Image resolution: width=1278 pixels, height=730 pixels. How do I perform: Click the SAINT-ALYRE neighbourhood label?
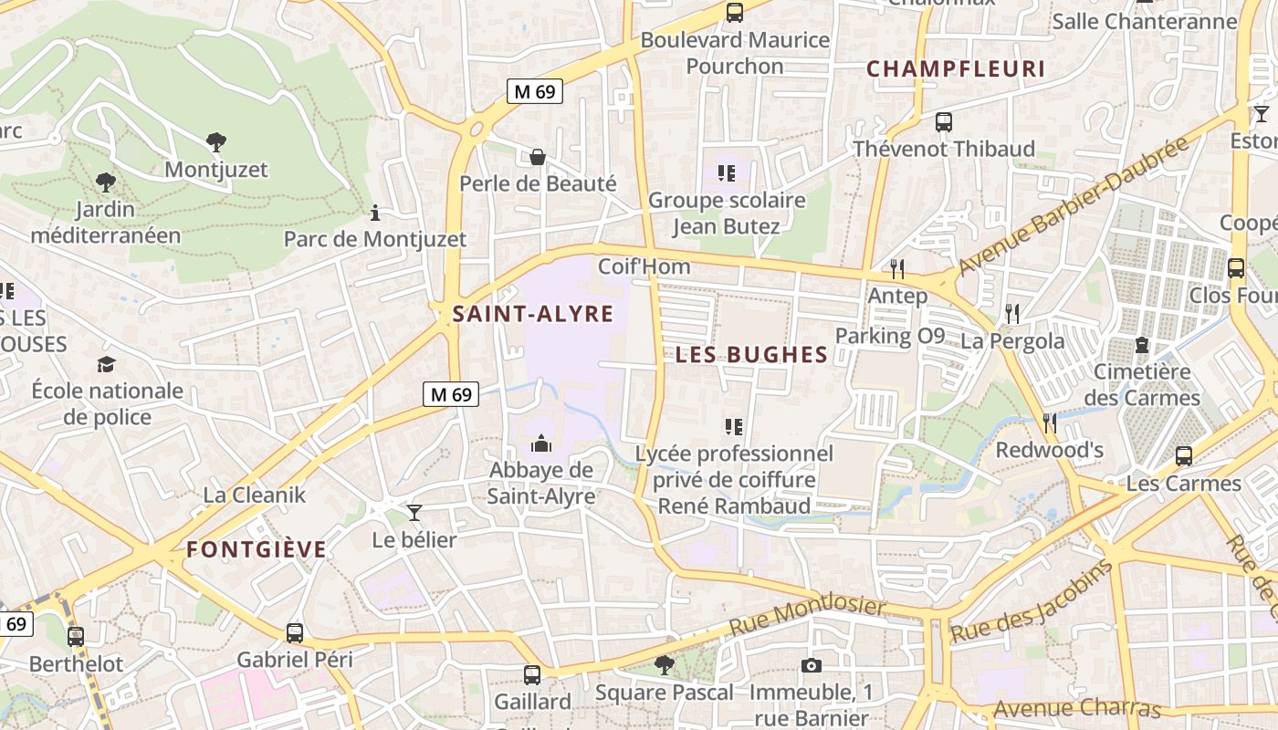click(x=533, y=315)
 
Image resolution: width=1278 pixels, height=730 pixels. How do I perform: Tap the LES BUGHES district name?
click(x=751, y=356)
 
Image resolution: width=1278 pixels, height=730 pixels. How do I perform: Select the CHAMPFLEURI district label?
click(x=955, y=69)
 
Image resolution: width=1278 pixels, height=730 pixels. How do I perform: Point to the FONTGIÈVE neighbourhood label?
click(x=257, y=549)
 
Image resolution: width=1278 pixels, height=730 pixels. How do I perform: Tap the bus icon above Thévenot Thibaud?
click(x=944, y=121)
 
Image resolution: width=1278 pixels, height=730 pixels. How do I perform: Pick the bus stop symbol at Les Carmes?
click(x=1184, y=456)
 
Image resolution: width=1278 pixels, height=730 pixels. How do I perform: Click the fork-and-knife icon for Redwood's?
click(x=1050, y=423)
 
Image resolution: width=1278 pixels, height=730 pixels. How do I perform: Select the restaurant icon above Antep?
click(x=897, y=269)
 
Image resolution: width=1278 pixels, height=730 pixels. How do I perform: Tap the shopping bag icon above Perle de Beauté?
click(x=538, y=157)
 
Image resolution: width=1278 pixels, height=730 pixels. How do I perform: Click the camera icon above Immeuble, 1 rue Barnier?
click(x=811, y=666)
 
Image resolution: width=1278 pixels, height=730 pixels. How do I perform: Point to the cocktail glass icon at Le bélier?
click(x=414, y=513)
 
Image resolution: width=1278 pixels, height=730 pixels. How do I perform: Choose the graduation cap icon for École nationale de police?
click(x=107, y=364)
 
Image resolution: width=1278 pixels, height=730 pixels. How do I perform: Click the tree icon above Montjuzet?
click(x=216, y=142)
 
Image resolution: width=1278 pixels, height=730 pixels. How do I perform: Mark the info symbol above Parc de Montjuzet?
click(x=374, y=213)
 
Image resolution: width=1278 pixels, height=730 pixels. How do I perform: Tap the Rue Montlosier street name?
click(x=808, y=618)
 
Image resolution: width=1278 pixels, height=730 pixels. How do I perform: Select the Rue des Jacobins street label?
click(x=1032, y=600)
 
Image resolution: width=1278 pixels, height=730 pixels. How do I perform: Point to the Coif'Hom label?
click(x=644, y=267)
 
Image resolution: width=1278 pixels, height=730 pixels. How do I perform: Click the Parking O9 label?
click(x=889, y=336)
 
